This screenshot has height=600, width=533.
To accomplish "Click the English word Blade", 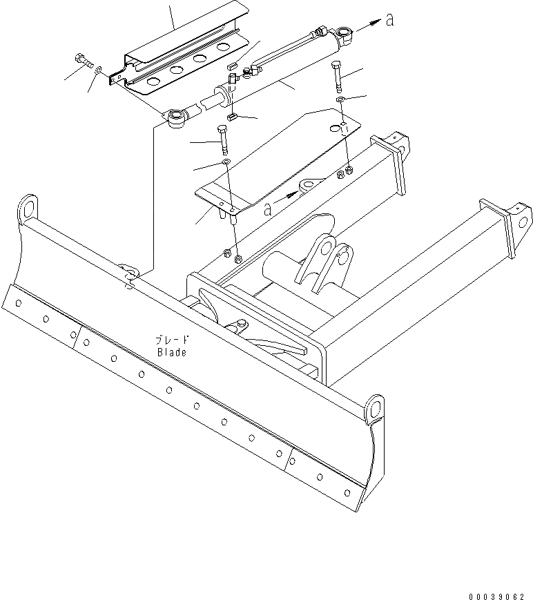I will [171, 352].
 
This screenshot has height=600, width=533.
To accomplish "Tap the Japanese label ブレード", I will [172, 340].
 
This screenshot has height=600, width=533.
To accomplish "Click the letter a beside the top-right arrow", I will [390, 21].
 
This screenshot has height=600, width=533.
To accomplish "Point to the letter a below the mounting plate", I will [267, 209].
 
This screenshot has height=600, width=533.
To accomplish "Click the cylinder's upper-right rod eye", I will [344, 32].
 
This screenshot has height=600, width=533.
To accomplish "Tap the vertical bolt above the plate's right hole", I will [336, 75].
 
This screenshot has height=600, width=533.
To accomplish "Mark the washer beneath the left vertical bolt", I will [226, 163].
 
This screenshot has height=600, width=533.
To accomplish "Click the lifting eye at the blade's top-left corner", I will [28, 209].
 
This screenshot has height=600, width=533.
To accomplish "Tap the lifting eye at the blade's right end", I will [376, 407].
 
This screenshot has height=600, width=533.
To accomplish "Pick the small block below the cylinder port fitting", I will [233, 117].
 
